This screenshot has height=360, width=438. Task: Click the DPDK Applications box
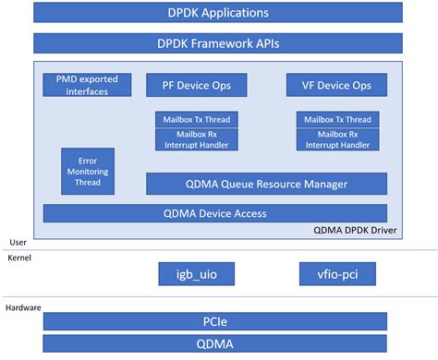pyautogui.click(x=218, y=13)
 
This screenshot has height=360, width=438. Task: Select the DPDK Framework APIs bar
pyautogui.click(x=218, y=42)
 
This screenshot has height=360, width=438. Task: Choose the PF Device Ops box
pyautogui.click(x=196, y=85)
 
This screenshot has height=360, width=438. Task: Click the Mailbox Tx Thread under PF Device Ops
pyautogui.click(x=196, y=119)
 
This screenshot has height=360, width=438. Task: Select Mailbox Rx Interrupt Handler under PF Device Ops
pyautogui.click(x=196, y=139)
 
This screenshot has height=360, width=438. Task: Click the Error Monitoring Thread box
pyautogui.click(x=88, y=170)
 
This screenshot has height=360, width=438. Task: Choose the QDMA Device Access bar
pyautogui.click(x=214, y=213)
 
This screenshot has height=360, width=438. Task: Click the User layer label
pyautogui.click(x=17, y=242)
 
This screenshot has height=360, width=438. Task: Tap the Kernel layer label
pyautogui.click(x=19, y=258)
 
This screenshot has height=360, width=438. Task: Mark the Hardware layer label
pyautogui.click(x=25, y=306)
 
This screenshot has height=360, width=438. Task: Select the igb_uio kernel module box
pyautogui.click(x=196, y=273)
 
